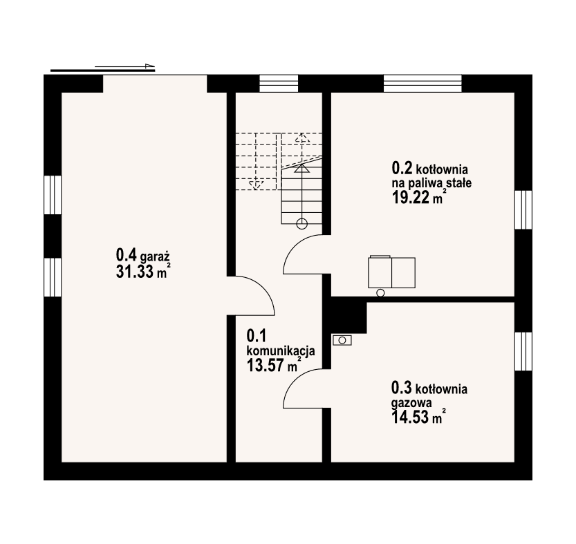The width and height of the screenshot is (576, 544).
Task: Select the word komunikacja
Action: coord(281,350)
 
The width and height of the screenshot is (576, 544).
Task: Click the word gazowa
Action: coord(412,403)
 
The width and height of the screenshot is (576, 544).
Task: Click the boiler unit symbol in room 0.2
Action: coord(392,272)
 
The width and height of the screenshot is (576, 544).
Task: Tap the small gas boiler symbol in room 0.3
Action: coord(342,339)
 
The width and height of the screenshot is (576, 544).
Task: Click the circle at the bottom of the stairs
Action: coord(301,223)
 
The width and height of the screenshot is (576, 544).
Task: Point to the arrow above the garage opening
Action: coord(104,68)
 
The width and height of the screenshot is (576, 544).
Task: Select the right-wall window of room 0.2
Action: coord(523,212)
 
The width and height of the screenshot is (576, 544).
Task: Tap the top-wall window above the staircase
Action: coord(279,83)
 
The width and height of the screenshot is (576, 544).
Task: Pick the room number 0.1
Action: coord(257,336)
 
